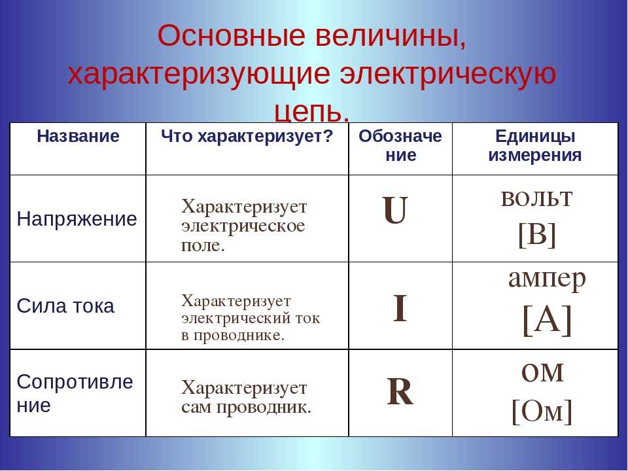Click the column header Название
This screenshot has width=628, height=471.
[x=78, y=136]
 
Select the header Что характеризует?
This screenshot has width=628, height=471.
[x=247, y=137]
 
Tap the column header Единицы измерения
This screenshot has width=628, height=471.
[x=535, y=145]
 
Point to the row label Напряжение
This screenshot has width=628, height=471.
[x=77, y=220]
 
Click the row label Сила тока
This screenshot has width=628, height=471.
[x=65, y=306]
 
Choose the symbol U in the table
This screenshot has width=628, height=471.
[x=395, y=210]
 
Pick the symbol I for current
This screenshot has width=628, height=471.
[x=400, y=307]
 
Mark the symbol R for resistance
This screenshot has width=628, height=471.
[x=400, y=391]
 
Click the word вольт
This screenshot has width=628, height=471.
[x=536, y=198]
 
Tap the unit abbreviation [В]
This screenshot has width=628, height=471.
[x=537, y=234]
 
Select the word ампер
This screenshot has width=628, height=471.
[x=547, y=279]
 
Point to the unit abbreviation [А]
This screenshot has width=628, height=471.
[x=547, y=320]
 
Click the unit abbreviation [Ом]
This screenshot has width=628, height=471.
[x=542, y=411]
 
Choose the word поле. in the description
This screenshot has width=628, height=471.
[x=203, y=245]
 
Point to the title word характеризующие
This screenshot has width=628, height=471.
[x=199, y=75]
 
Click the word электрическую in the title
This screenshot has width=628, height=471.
[x=448, y=75]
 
